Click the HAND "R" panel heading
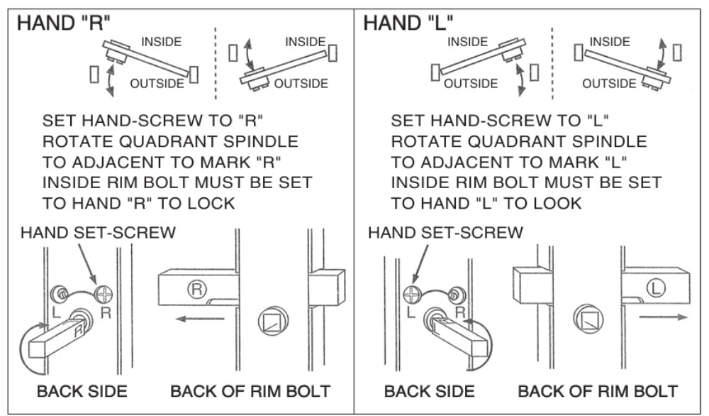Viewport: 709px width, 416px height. coord(63,23)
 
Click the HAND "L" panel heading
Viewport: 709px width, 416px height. coord(408,23)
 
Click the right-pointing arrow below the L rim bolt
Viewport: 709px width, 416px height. coord(664,317)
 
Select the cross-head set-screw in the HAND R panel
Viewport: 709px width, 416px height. coord(104,295)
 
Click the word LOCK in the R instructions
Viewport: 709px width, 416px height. coord(211,203)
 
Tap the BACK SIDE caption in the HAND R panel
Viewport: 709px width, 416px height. coord(82,391)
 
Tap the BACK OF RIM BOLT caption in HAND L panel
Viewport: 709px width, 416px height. coord(598,391)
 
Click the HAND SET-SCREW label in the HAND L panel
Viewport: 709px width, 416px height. coord(445,233)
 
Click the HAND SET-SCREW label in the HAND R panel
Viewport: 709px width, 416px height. coord(98,233)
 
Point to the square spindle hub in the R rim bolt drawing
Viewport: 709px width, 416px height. coord(273,321)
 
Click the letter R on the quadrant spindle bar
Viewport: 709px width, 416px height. coord(79,330)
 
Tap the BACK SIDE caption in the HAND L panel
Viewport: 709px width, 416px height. coord(430,391)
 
